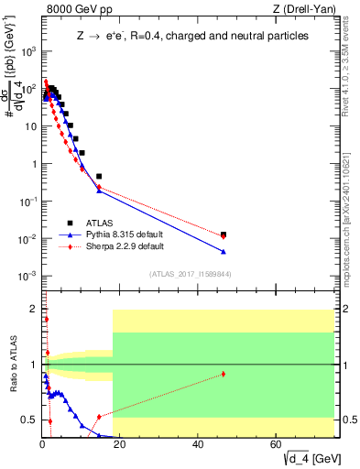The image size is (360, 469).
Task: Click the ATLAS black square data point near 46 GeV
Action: [224, 234]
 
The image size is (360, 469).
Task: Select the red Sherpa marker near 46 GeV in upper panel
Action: [224, 237]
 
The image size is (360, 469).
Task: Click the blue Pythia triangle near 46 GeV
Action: [224, 252]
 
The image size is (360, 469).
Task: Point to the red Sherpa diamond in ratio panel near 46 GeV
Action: [224, 374]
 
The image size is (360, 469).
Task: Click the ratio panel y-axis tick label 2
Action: [33, 309]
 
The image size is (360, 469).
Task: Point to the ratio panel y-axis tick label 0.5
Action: [30, 420]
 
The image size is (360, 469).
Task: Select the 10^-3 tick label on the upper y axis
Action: [27, 276]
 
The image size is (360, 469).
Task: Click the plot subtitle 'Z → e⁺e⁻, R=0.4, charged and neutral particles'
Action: [192, 36]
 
